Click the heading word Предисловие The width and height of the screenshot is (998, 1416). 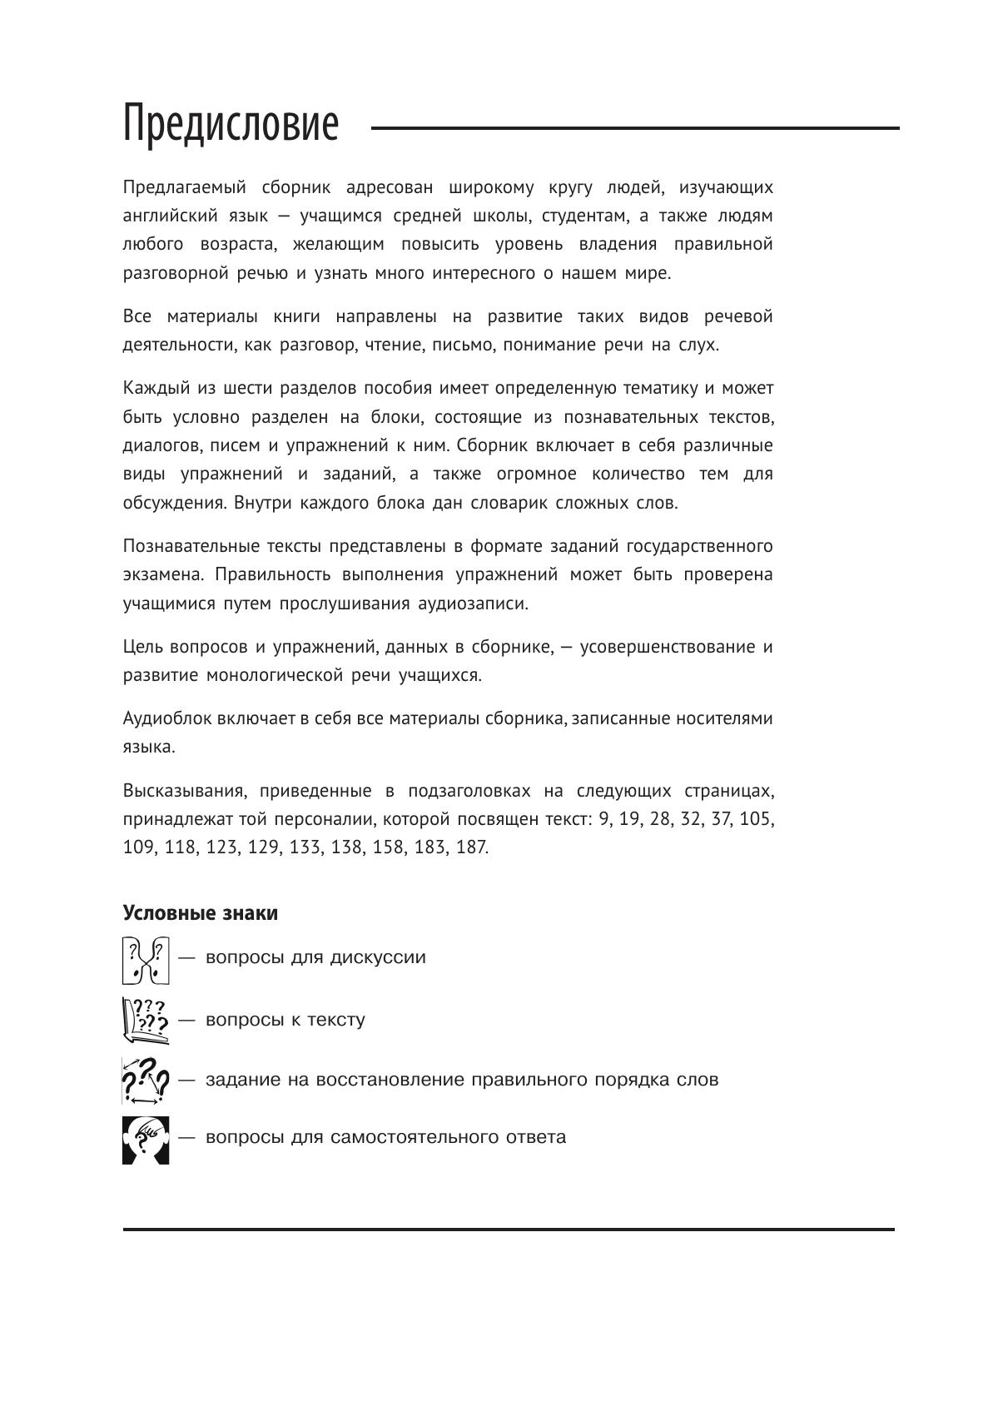click(231, 125)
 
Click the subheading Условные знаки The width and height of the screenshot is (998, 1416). click(200, 913)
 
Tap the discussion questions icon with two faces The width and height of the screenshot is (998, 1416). click(146, 961)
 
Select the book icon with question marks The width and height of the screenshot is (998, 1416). click(146, 1021)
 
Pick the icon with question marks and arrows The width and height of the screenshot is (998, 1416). click(146, 1080)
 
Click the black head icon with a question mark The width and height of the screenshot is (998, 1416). click(146, 1140)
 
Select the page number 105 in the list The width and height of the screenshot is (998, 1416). click(757, 819)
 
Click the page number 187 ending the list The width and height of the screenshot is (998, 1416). click(472, 847)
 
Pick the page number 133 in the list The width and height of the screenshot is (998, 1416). click(305, 847)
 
